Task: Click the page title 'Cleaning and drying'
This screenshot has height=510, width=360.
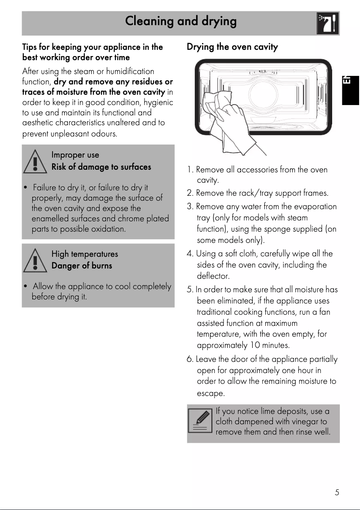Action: click(180, 21)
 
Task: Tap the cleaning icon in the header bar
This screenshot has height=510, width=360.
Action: click(328, 23)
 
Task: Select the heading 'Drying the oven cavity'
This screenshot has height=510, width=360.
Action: click(232, 47)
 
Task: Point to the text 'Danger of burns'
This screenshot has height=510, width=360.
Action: click(82, 266)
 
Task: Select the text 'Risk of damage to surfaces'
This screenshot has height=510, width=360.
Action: click(101, 167)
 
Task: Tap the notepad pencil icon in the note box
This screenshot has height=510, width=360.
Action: click(200, 421)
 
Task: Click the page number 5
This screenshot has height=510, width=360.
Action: click(337, 492)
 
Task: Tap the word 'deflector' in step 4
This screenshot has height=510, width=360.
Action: click(213, 276)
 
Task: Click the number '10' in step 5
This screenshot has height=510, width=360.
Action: click(255, 346)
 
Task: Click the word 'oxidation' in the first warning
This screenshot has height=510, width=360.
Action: click(108, 229)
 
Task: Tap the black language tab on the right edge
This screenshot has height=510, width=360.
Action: click(351, 88)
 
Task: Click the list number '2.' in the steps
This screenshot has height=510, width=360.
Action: click(190, 193)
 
